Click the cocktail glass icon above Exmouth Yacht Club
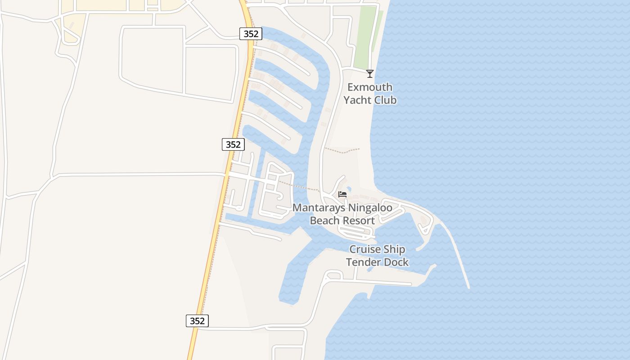(370, 74)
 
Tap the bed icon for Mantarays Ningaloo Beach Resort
(342, 194)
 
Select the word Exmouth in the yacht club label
(370, 87)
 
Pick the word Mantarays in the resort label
(319, 208)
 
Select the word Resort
(359, 220)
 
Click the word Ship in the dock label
(394, 249)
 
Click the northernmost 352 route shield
(251, 34)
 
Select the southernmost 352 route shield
(197, 321)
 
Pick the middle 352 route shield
(233, 144)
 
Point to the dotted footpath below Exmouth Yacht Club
(342, 151)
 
